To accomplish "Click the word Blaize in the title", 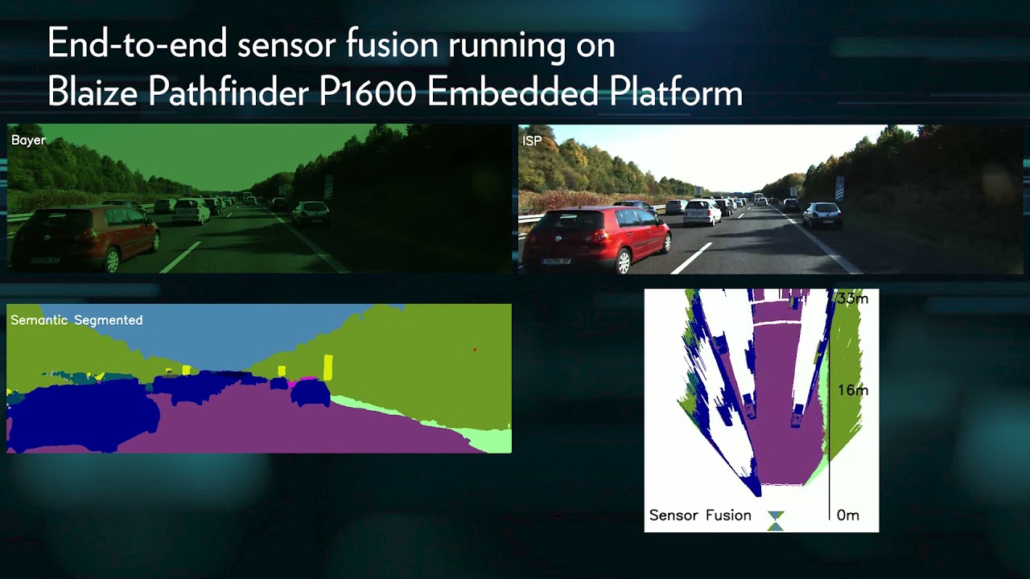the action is (93, 92).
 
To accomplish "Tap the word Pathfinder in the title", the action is (229, 91).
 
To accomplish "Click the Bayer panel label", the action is (28, 141).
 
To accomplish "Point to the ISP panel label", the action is (532, 141).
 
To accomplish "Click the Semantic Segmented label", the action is (76, 320).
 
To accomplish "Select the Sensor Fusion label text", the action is (700, 515).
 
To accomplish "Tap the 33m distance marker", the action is (852, 298).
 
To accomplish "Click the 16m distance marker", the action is (853, 390).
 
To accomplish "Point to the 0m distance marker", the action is (848, 515).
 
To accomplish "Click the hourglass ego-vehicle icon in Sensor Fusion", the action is (775, 521).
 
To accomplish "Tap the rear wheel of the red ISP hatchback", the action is (623, 262).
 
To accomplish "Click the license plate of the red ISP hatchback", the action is (556, 261).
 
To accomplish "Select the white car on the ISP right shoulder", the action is (822, 214).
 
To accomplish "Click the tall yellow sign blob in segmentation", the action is (328, 368).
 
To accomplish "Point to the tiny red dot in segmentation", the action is (475, 350).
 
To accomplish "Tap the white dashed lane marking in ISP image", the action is (691, 258).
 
